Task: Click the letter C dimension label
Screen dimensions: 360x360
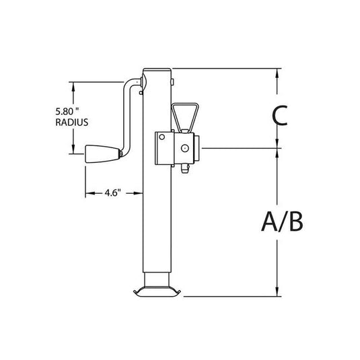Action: point(280,115)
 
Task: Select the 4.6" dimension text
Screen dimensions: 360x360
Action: point(112,194)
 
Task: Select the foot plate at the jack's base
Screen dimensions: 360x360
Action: point(157,291)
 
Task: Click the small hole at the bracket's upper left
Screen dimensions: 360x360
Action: point(161,137)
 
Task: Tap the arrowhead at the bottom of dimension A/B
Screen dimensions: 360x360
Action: point(277,293)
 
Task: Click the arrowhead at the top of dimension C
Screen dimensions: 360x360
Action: point(277,72)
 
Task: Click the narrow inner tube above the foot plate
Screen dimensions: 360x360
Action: point(157,277)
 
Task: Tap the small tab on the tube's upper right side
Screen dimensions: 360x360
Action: point(174,82)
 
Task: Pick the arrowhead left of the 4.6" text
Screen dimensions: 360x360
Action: point(88,194)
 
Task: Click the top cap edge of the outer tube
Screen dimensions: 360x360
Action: point(157,69)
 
